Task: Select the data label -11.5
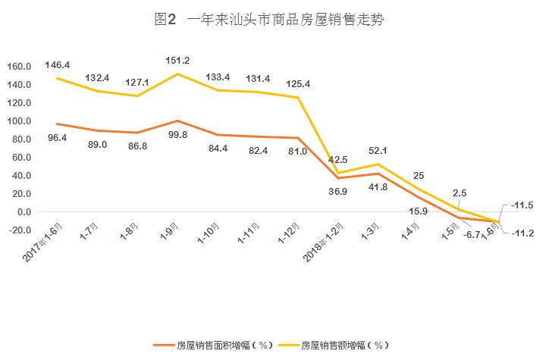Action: (522, 205)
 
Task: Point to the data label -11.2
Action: (522, 233)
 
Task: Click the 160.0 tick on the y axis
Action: (17, 67)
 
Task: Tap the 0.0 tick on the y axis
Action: (22, 212)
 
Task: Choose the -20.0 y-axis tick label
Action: (17, 230)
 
